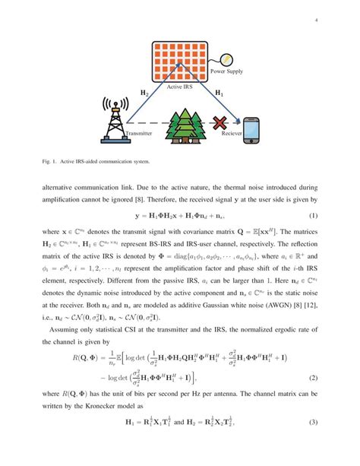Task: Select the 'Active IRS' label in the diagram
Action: click(x=182, y=88)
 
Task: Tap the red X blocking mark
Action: click(x=221, y=122)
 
